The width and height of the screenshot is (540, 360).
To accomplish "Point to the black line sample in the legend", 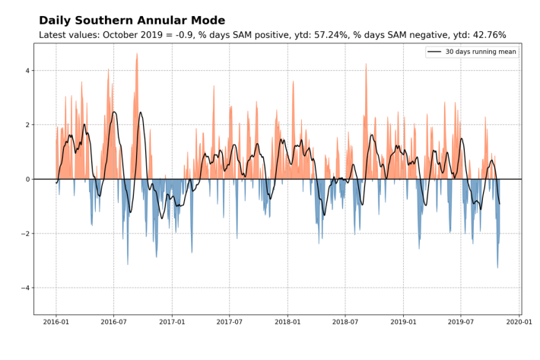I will [x=434, y=51].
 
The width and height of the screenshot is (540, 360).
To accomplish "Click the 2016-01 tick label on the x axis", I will [x=56, y=323].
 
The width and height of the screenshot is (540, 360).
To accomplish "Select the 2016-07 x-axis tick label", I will [x=113, y=323].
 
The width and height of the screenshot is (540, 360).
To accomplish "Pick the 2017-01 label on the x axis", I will [x=172, y=323].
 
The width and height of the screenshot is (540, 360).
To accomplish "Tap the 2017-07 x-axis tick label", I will [x=230, y=323].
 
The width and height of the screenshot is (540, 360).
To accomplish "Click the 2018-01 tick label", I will [x=287, y=323].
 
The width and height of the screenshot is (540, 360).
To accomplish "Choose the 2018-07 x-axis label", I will [x=345, y=323].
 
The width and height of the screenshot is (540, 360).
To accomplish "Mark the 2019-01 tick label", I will [x=404, y=323].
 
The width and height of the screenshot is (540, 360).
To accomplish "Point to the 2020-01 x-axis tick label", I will [x=519, y=323].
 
